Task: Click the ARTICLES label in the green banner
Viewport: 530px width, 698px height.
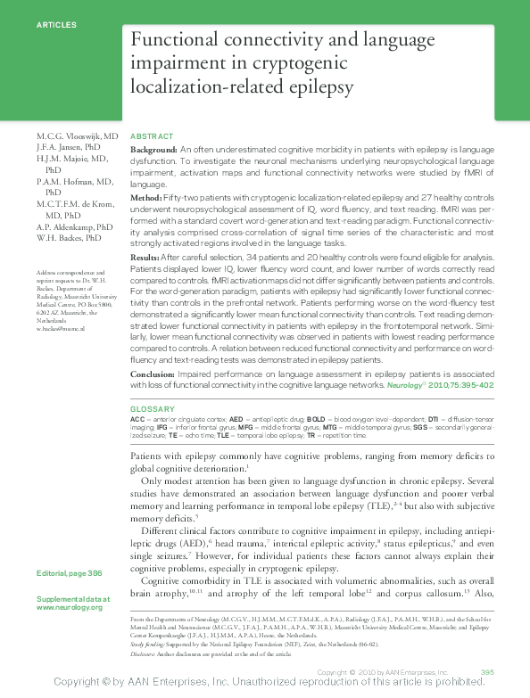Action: click(x=56, y=25)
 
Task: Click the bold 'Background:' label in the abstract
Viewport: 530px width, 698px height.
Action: click(x=153, y=151)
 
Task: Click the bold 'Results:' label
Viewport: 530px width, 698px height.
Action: click(x=147, y=256)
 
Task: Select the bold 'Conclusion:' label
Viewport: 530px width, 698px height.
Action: click(x=153, y=374)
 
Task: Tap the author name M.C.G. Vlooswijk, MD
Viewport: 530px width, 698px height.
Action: click(x=78, y=135)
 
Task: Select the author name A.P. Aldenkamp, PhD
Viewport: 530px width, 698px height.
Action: click(x=75, y=227)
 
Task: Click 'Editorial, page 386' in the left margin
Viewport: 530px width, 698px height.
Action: click(x=70, y=572)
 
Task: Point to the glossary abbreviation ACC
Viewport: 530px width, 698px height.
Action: click(x=137, y=418)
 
